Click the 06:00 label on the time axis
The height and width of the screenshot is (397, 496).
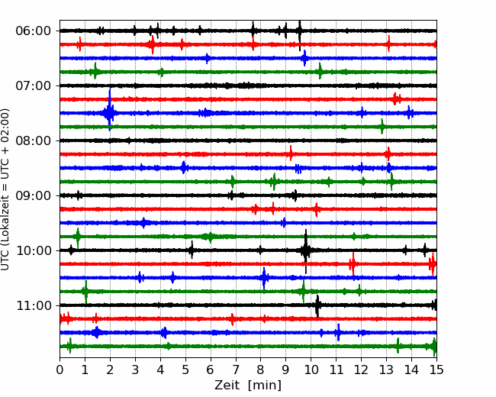coord(34,31)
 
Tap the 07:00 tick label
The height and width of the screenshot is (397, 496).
coord(34,86)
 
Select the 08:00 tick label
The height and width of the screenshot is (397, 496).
coord(34,140)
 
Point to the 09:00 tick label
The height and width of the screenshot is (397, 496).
coord(34,195)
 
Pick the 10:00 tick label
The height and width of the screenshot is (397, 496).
coord(34,250)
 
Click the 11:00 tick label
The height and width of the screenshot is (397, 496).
coord(34,305)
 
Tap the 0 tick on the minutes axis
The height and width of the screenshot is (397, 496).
coord(60,370)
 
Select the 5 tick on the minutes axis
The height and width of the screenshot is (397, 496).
coord(185,370)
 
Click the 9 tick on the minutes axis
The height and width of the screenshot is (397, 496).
coord(285,370)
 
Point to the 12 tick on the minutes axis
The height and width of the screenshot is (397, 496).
coord(361,370)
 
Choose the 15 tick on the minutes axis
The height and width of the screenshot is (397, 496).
coord(436,370)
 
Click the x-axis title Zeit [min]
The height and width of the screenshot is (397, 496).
coord(248,386)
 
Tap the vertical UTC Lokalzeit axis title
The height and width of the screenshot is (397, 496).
coord(5,189)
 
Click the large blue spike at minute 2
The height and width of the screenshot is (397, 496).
coord(109,109)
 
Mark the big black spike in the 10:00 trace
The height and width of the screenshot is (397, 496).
coord(305,251)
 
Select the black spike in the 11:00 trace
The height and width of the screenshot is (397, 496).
coord(317,306)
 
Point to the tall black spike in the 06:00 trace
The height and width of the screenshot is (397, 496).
coord(300,35)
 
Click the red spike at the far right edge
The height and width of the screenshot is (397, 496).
coord(433,264)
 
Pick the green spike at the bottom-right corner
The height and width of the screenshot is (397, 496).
coord(434,347)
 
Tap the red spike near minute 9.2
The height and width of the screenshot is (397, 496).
coord(291,153)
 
